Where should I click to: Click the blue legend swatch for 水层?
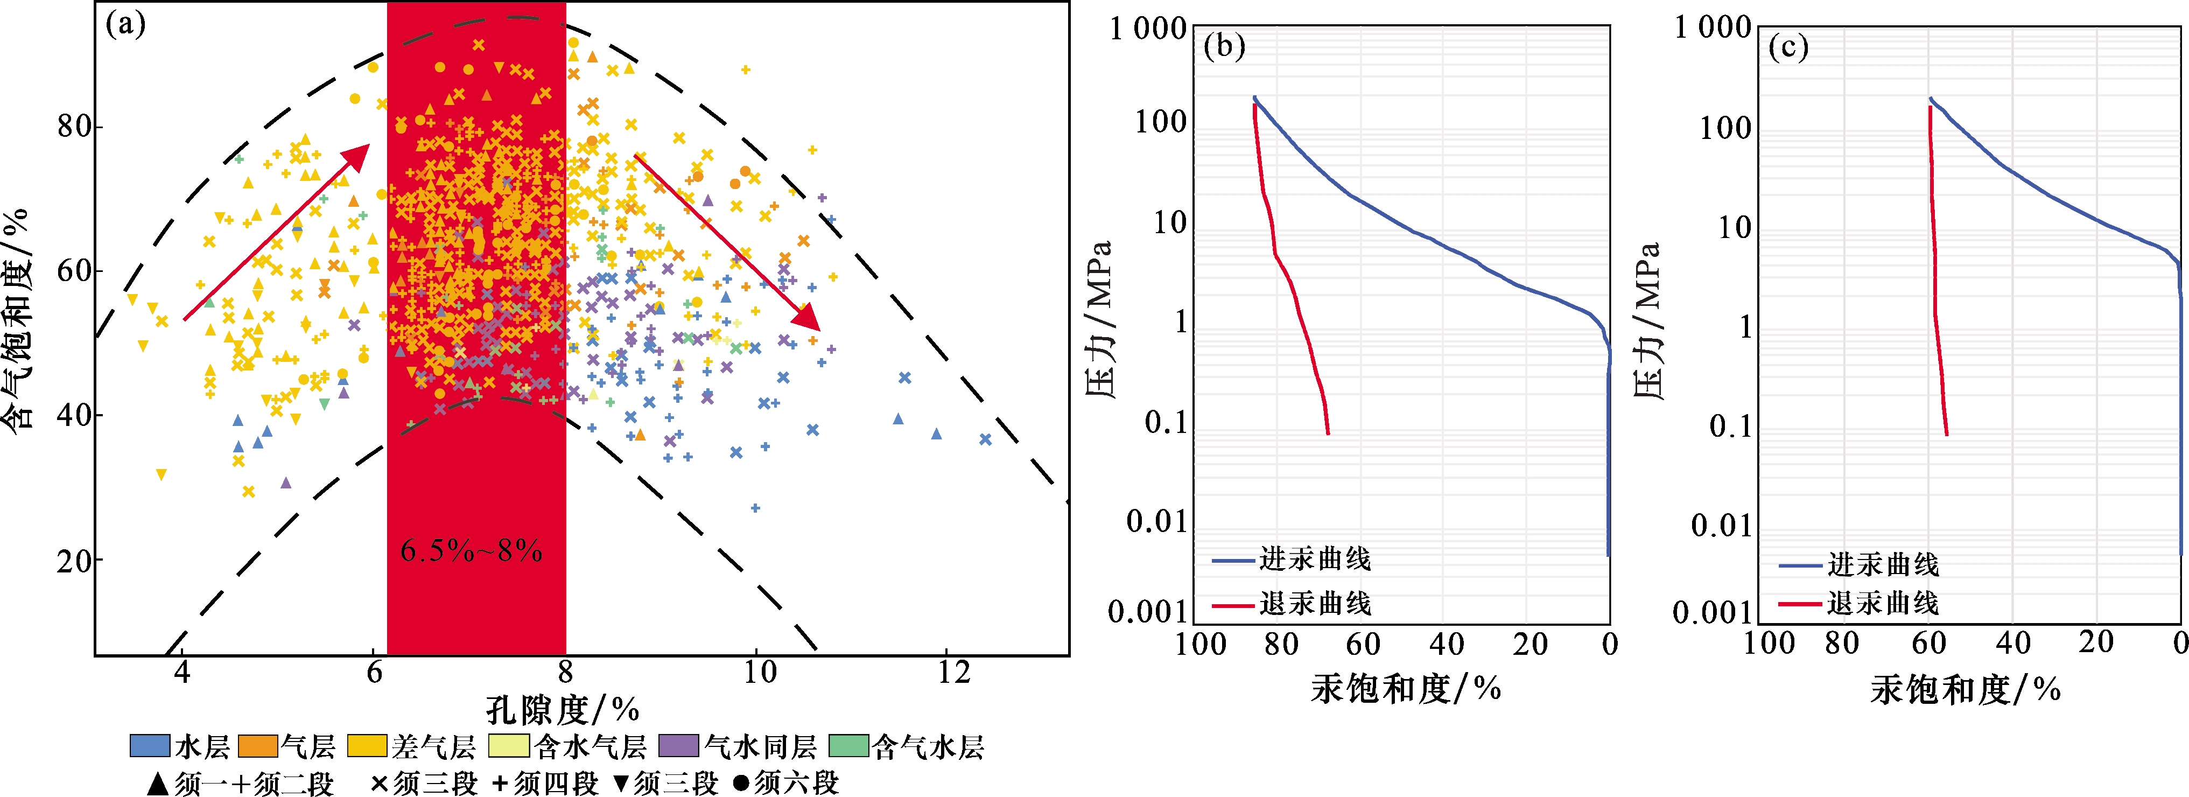click(x=150, y=746)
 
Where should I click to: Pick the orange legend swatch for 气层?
click(x=258, y=746)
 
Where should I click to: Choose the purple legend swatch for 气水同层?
click(x=678, y=746)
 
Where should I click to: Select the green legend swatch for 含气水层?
click(x=848, y=746)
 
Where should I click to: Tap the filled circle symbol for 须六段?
click(x=741, y=782)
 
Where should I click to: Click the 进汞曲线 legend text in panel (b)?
click(x=1315, y=559)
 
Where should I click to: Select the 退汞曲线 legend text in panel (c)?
click(x=1883, y=603)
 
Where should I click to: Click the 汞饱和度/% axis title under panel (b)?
click(x=1406, y=688)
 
